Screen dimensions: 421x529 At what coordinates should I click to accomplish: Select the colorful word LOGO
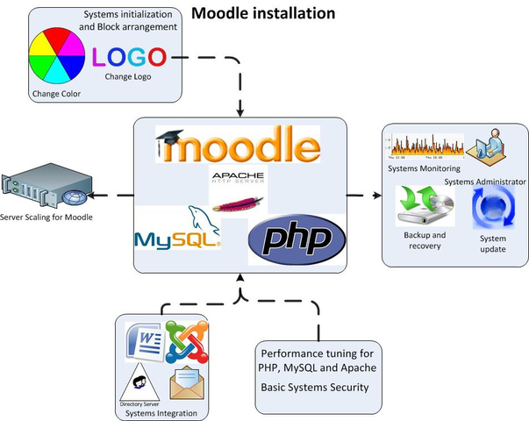pyautogui.click(x=129, y=59)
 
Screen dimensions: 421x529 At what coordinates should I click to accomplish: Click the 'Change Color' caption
pyautogui.click(x=54, y=92)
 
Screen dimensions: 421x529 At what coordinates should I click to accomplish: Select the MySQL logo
pyautogui.click(x=177, y=230)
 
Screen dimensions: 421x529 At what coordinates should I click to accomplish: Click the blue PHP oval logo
pyautogui.click(x=291, y=240)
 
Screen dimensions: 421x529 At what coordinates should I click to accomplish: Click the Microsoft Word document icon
pyautogui.click(x=145, y=340)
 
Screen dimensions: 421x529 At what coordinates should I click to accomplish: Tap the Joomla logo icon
pyautogui.click(x=182, y=344)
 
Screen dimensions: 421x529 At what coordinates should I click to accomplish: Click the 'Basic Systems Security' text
pyautogui.click(x=313, y=387)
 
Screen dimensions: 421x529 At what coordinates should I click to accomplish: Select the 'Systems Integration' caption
pyautogui.click(x=161, y=413)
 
